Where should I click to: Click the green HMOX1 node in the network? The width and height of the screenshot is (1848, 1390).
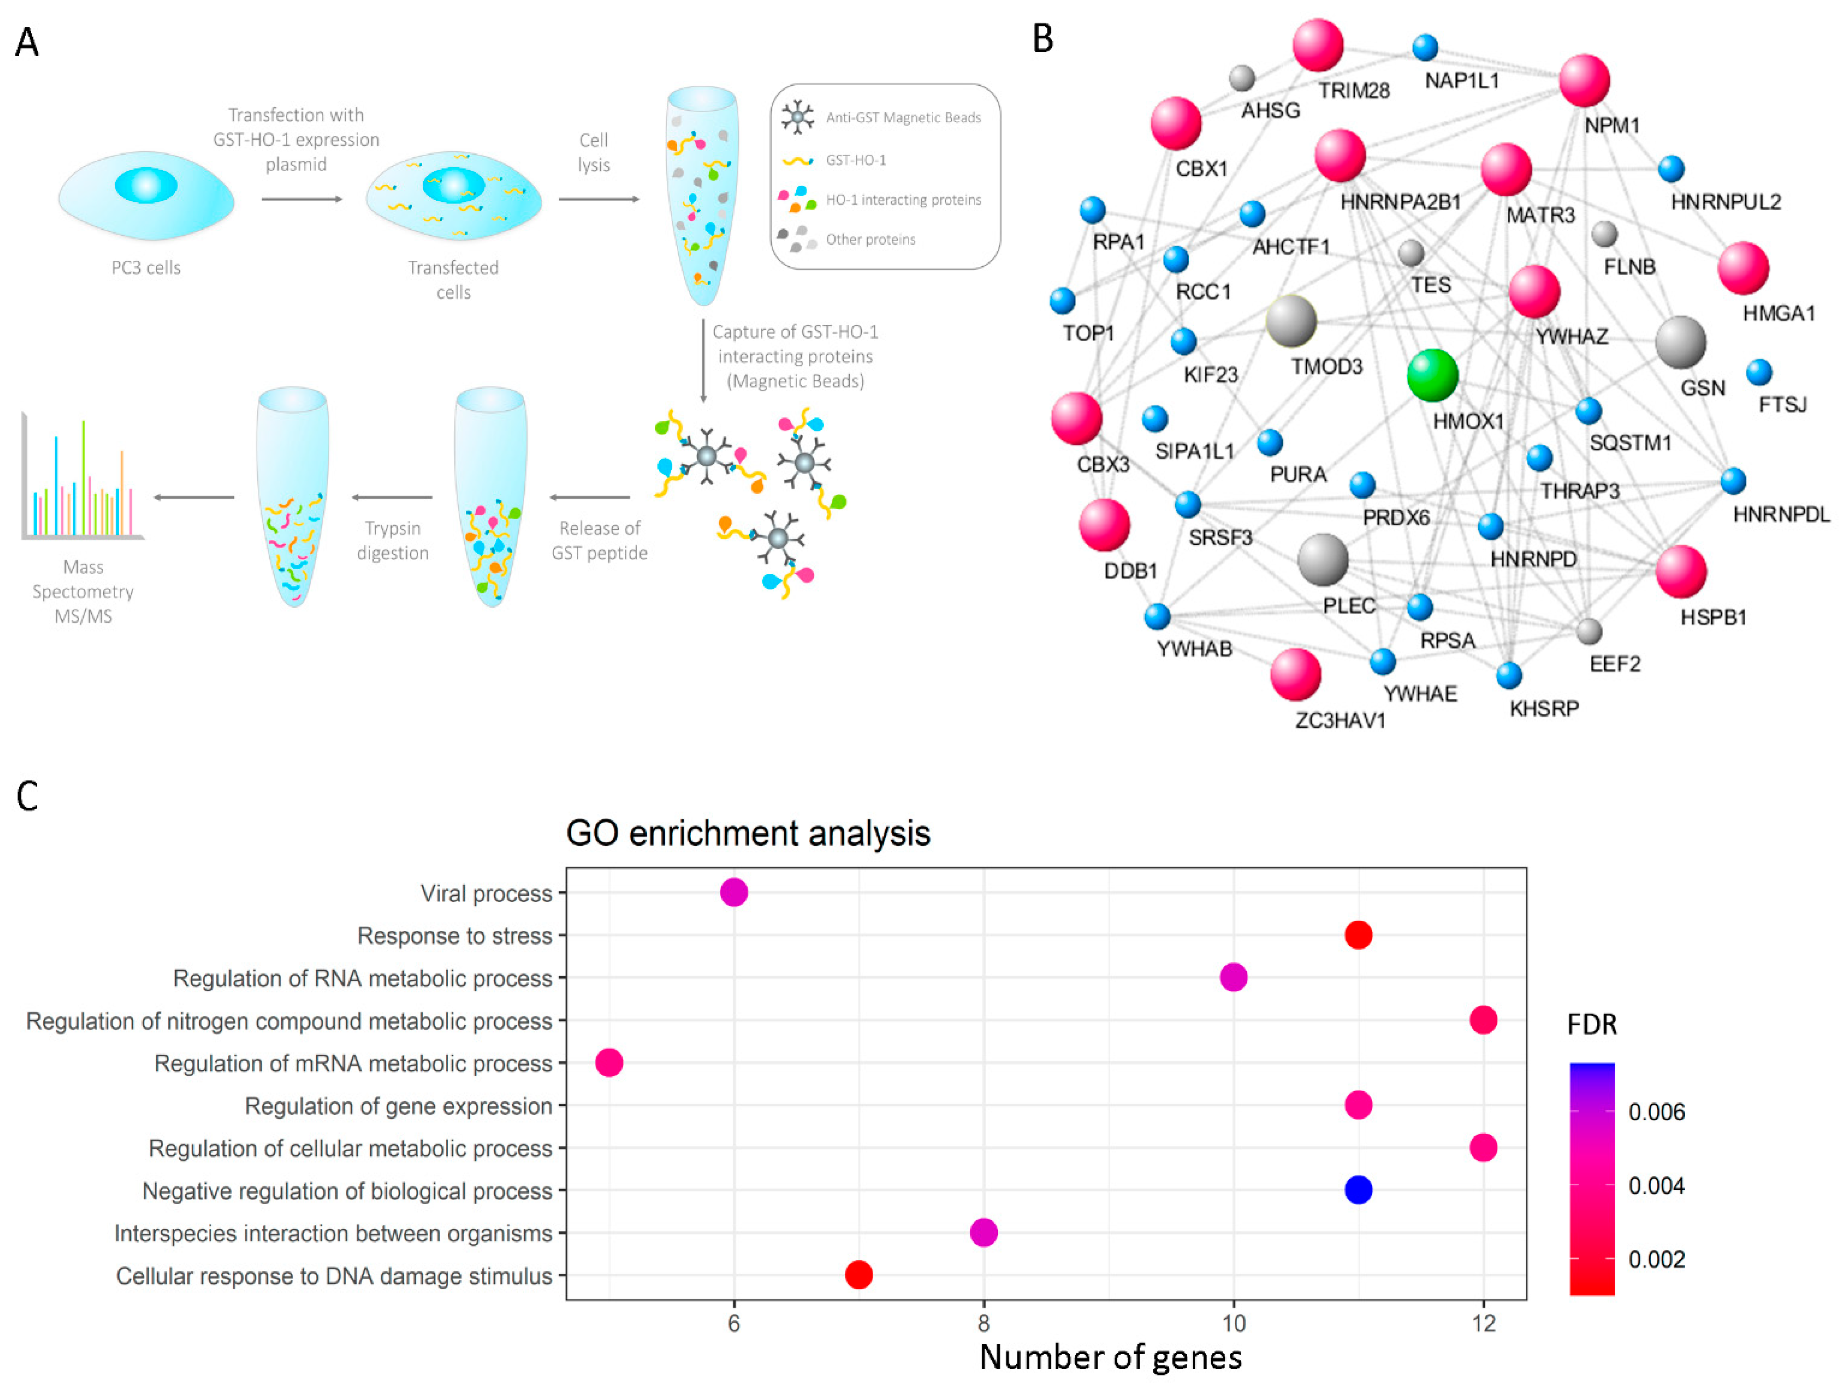pos(1432,375)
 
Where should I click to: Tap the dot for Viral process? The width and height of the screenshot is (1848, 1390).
pos(734,892)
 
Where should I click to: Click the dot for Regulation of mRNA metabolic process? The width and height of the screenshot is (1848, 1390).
pos(609,1063)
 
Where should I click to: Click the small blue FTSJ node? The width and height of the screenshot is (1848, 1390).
pos(1758,372)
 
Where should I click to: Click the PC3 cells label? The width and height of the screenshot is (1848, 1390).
pos(146,267)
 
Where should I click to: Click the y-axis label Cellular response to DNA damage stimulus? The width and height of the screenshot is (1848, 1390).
pos(334,1276)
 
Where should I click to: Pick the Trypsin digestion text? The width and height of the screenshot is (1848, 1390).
pos(393,540)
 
